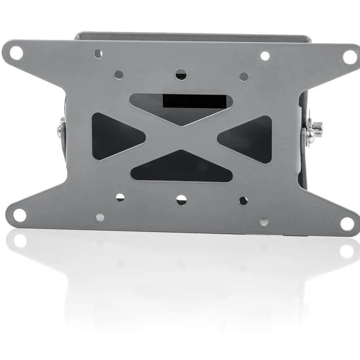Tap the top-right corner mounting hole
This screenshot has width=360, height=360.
click(x=348, y=57)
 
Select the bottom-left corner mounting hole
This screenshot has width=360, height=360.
click(x=20, y=214)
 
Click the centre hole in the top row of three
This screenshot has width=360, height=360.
click(x=181, y=75)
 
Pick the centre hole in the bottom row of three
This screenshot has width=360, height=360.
click(x=181, y=199)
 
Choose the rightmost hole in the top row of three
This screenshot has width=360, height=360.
click(x=244, y=76)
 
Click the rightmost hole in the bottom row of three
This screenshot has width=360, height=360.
click(x=243, y=201)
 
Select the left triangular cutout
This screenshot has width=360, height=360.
click(x=116, y=135)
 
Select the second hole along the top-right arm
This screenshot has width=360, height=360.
click(x=265, y=56)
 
